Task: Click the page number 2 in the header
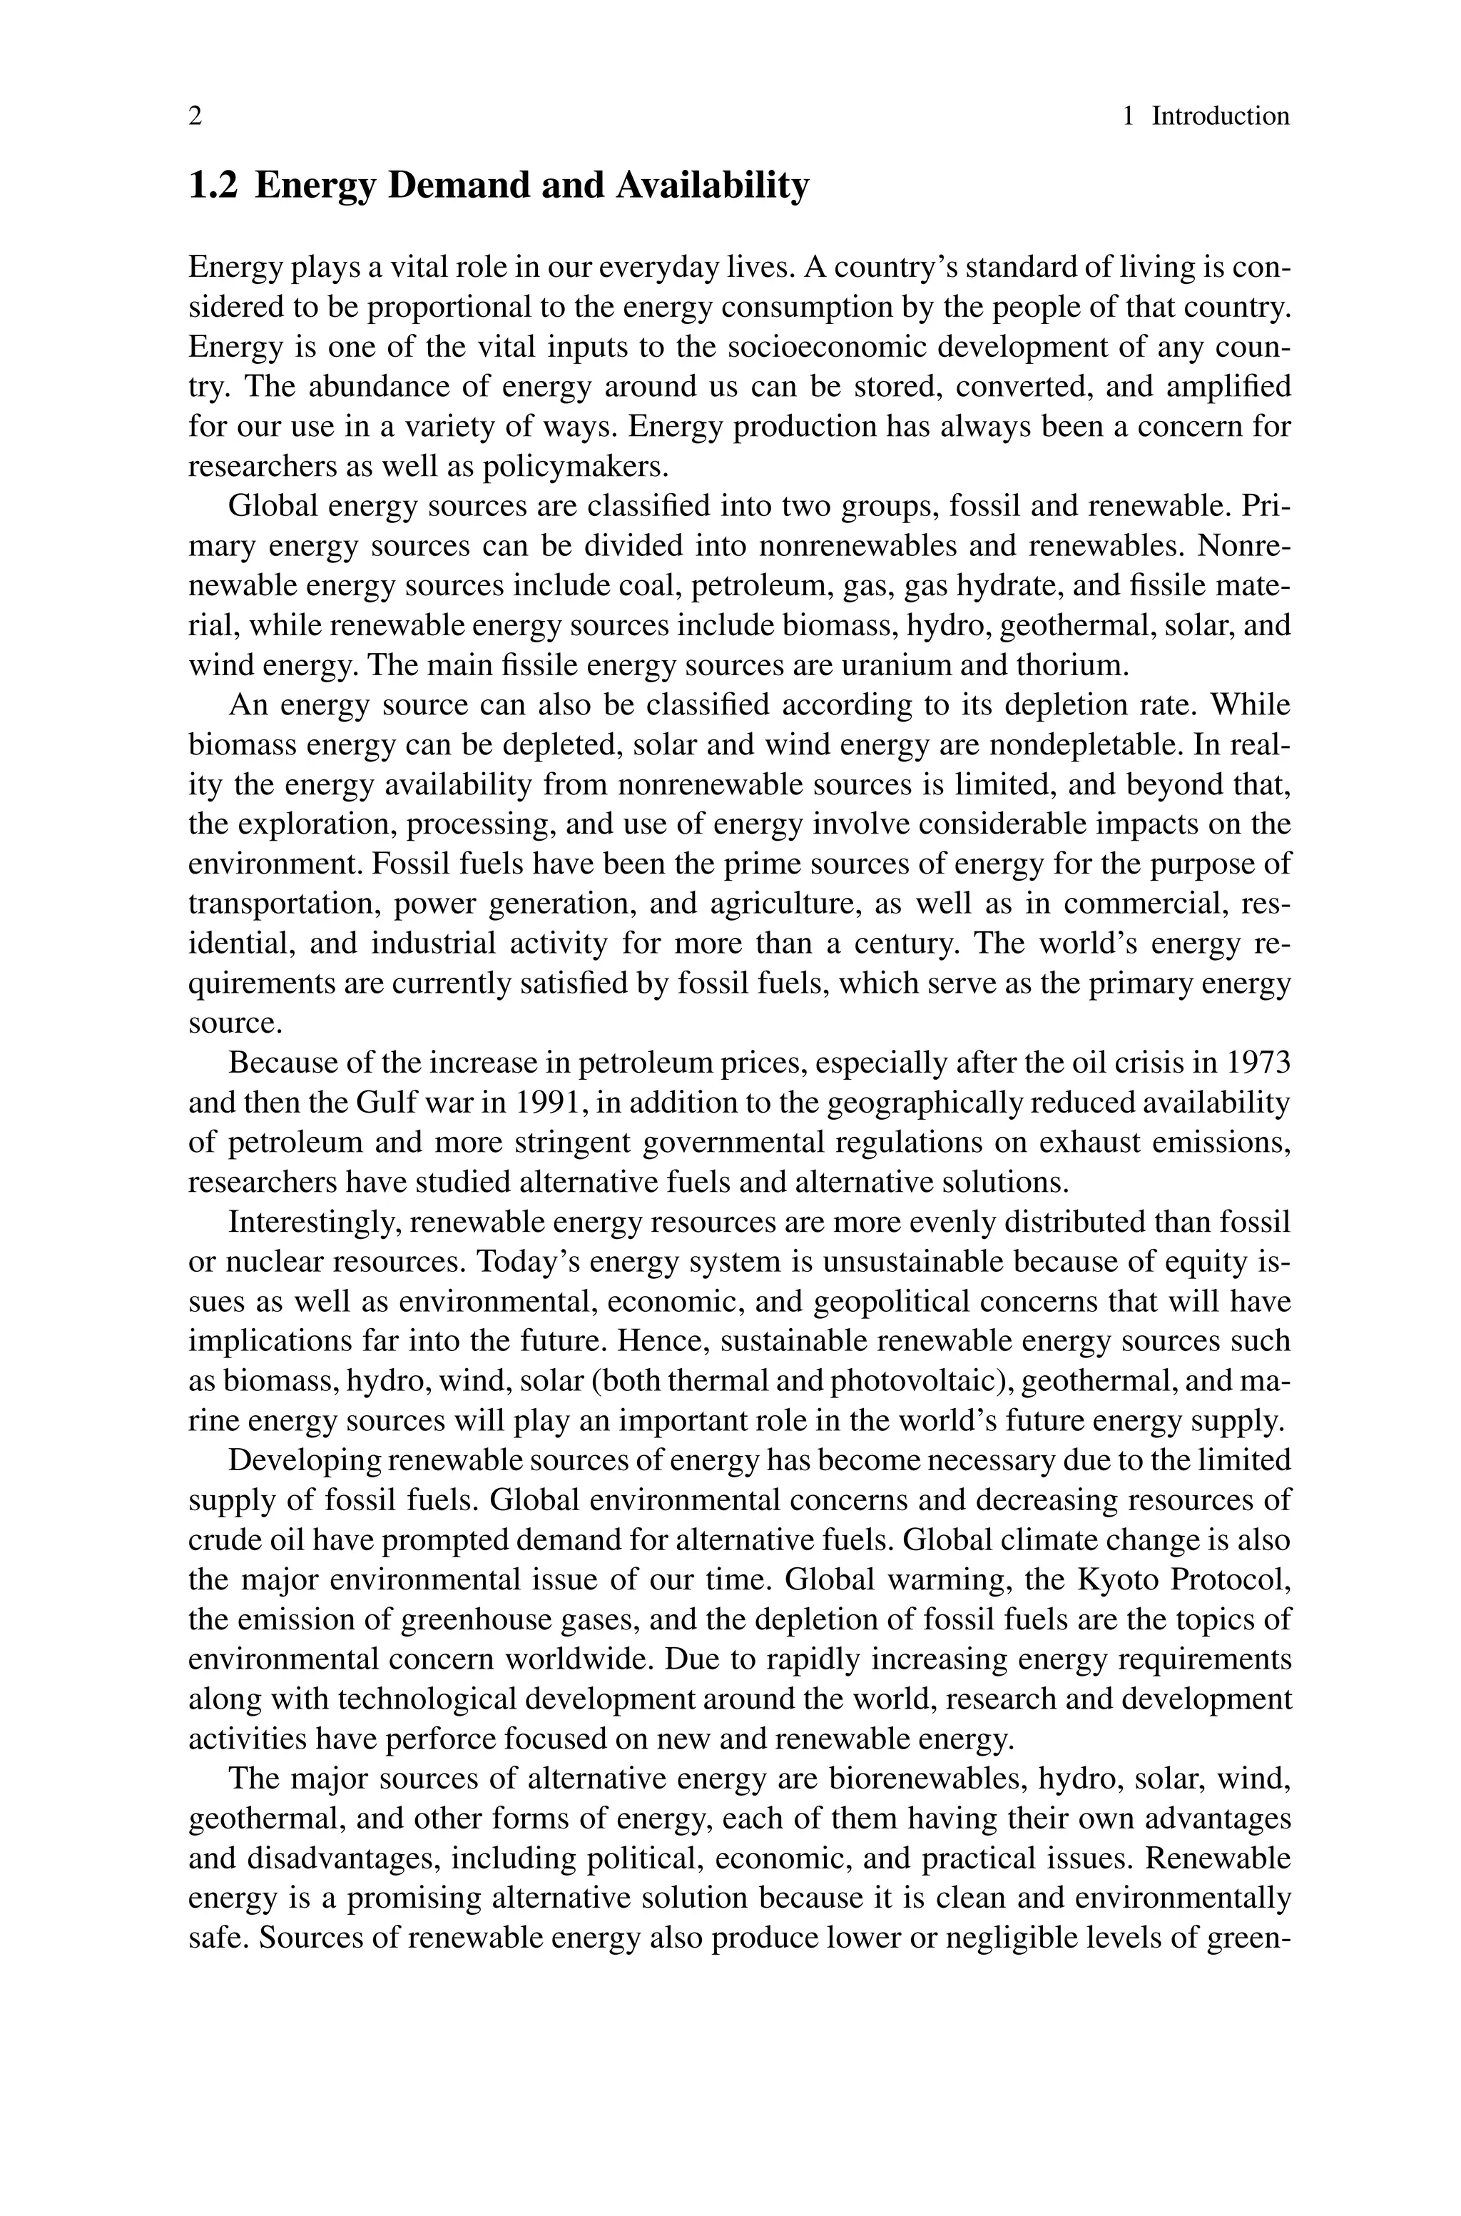[x=195, y=116]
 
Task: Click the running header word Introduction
[x=1221, y=116]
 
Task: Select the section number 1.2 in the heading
[x=213, y=186]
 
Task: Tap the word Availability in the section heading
[x=712, y=186]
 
